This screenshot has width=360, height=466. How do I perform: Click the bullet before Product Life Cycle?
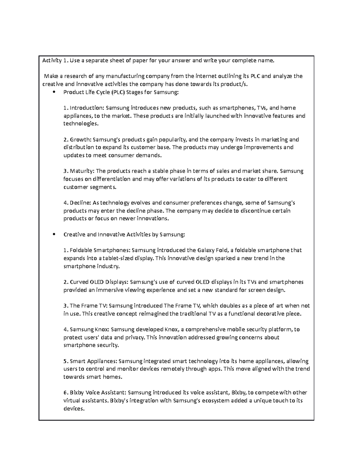pyautogui.click(x=54, y=92)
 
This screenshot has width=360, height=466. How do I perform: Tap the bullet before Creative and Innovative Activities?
pyautogui.click(x=54, y=234)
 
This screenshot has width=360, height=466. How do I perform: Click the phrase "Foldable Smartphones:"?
pyautogui.click(x=100, y=250)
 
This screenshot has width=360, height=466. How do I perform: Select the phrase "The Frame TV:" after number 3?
pyautogui.click(x=88, y=306)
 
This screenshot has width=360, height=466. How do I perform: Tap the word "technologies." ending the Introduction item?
pyautogui.click(x=81, y=124)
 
